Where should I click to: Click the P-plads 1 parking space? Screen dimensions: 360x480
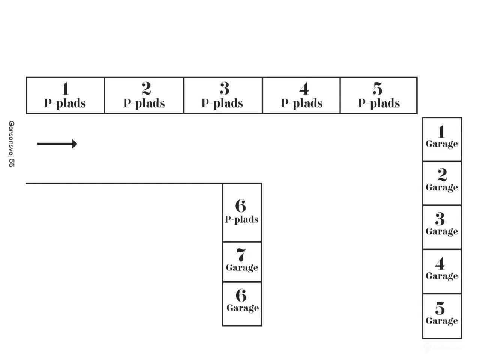coord(65,95)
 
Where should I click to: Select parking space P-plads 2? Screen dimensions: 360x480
coord(144,95)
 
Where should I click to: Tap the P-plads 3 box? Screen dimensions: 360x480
coord(223,95)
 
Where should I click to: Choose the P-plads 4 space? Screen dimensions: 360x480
coord(301,95)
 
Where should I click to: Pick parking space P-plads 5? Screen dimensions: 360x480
coord(379,95)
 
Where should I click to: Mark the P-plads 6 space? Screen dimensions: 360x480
coord(242,213)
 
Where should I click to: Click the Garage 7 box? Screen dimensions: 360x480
coord(242,262)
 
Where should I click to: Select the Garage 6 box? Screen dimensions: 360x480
coord(242,304)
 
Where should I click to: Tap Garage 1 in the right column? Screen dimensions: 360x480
coord(442,139)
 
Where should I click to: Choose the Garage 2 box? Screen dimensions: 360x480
coord(442,183)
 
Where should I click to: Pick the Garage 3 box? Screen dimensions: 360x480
coord(442,227)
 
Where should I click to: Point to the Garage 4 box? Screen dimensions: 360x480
coord(442,271)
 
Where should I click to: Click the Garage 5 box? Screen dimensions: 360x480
coord(442,316)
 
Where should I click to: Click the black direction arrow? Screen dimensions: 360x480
coord(57,144)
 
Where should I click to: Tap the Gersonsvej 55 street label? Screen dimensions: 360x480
coord(11,144)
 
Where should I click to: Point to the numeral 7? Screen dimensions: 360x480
coord(241,255)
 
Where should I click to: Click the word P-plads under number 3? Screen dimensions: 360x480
coord(222,103)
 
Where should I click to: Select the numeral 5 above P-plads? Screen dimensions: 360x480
coord(377,88)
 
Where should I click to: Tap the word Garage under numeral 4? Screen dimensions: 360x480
coord(442,276)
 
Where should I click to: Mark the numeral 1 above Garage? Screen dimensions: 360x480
coord(441,131)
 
